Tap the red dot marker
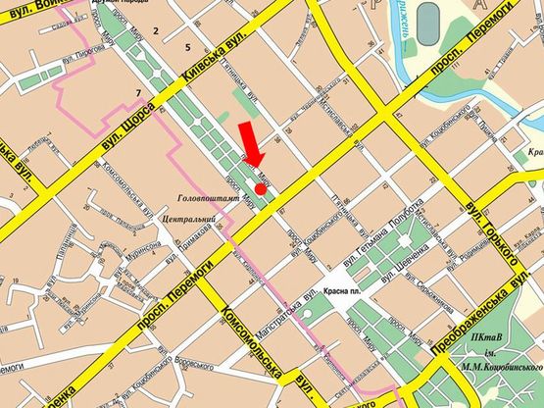(x=260, y=188)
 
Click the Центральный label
(x=182, y=218)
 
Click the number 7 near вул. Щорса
(x=138, y=93)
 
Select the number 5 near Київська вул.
(x=185, y=47)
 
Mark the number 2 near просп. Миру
(x=155, y=32)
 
